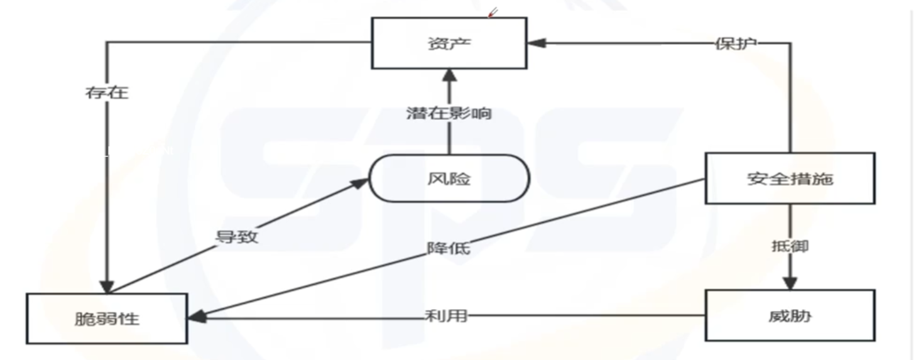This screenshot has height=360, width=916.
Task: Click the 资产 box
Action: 449,43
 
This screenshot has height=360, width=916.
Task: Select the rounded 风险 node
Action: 449,178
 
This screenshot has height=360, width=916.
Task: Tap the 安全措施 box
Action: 790,178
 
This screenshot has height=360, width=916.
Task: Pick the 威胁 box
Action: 790,315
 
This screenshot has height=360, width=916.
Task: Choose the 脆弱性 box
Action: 107,319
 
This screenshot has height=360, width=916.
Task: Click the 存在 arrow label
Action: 107,93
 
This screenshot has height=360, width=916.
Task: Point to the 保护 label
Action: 736,43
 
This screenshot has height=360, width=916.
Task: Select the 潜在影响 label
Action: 449,113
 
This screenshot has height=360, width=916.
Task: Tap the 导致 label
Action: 237,237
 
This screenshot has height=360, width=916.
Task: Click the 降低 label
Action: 449,248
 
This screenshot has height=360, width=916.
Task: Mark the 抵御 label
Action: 790,246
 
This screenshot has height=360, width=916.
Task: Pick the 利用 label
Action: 446,315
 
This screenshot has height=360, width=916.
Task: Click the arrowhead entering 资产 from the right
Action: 536,43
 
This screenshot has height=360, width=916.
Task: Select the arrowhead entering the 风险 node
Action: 360,182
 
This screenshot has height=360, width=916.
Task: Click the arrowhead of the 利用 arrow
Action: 197,317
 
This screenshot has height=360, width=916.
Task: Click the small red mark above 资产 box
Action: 493,13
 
